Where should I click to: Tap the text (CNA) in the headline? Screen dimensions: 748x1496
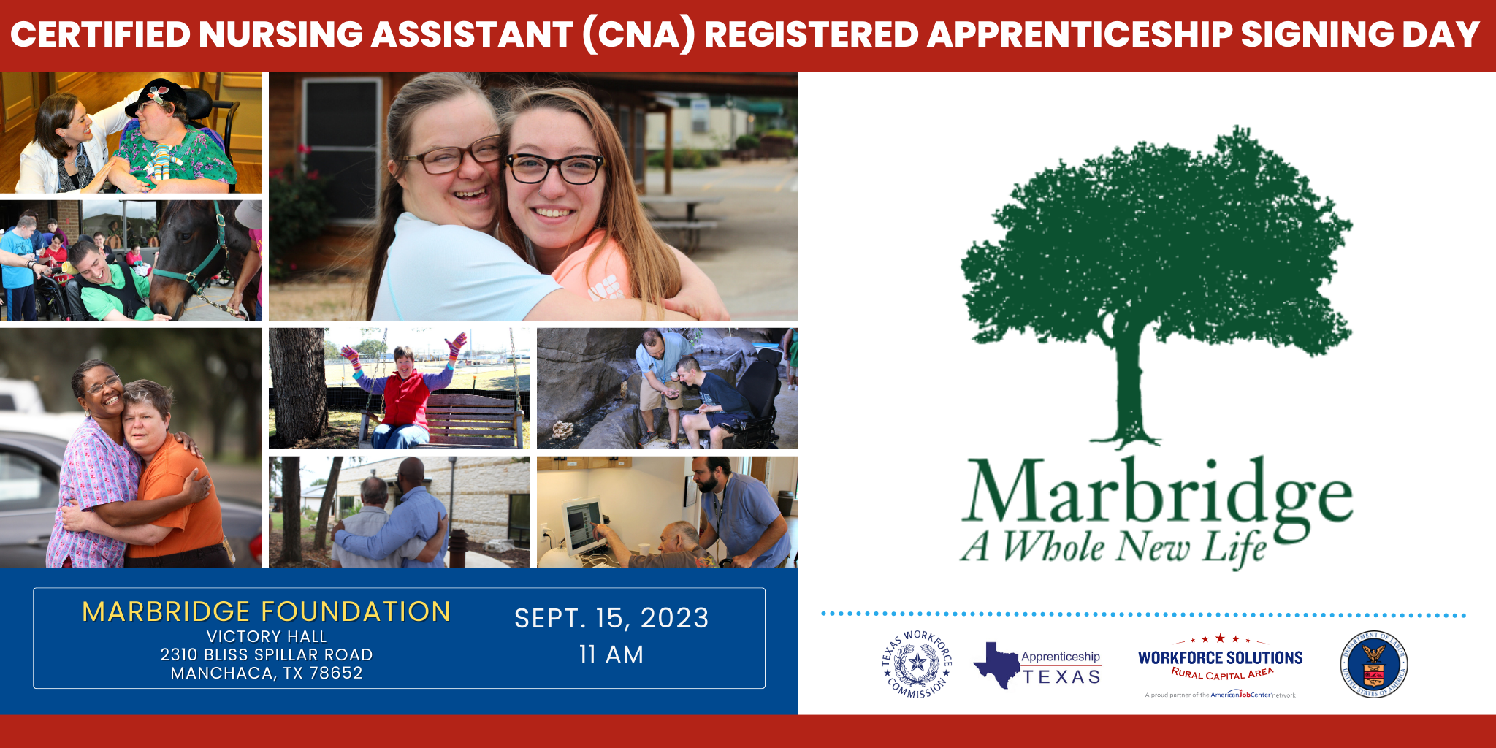[637, 34]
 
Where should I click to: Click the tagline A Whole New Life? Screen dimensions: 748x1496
[1113, 547]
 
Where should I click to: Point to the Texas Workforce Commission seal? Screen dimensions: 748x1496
[917, 664]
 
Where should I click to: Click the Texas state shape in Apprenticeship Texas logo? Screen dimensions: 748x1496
[995, 664]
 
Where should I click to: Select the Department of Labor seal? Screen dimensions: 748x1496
[1373, 664]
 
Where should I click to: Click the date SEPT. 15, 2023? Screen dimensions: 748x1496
[611, 619]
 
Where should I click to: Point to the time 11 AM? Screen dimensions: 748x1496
[611, 654]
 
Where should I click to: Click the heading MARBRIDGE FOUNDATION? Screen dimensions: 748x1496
[266, 611]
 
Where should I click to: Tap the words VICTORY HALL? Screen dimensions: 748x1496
[266, 636]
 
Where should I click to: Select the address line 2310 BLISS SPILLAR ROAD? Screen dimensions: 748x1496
[266, 654]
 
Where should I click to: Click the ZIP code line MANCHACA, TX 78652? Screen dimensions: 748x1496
[266, 673]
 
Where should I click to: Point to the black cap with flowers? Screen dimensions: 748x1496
[157, 96]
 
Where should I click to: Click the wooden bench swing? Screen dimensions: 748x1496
[467, 420]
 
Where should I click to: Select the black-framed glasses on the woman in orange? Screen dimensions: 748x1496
[555, 169]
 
